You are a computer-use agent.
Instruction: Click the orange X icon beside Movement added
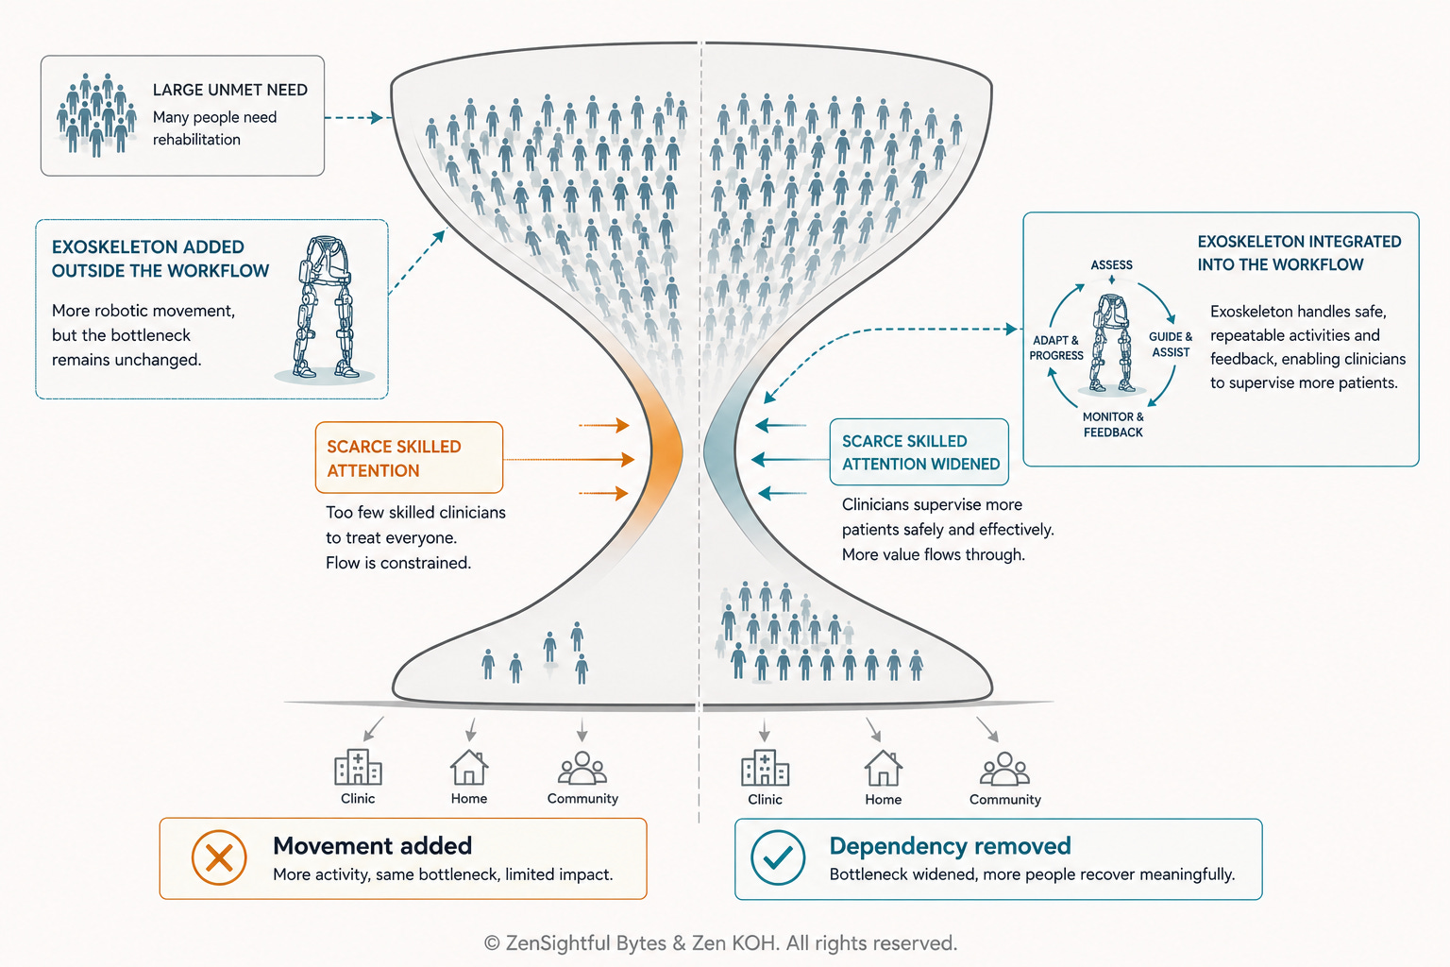pyautogui.click(x=219, y=857)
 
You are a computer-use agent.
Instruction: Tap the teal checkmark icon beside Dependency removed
pyautogui.click(x=778, y=857)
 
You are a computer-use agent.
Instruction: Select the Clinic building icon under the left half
pyautogui.click(x=358, y=767)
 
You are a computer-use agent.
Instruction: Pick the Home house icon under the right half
pyautogui.click(x=883, y=768)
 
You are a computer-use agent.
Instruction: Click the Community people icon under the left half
pyautogui.click(x=582, y=768)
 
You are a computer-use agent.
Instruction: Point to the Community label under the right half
pyautogui.click(x=1004, y=799)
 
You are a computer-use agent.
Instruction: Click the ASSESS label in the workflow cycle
pyautogui.click(x=1111, y=265)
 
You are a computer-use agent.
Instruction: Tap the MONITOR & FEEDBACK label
pyautogui.click(x=1113, y=424)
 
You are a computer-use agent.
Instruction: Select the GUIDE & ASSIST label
pyautogui.click(x=1171, y=345)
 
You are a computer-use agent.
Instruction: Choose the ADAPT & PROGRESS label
pyautogui.click(x=1056, y=348)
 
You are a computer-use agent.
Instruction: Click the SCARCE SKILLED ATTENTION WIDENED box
pyautogui.click(x=919, y=452)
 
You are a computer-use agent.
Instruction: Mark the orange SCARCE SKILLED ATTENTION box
pyautogui.click(x=409, y=458)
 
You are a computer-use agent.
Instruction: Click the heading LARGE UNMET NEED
pyautogui.click(x=229, y=90)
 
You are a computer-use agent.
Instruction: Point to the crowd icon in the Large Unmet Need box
pyautogui.click(x=96, y=114)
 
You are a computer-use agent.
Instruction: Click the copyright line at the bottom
pyautogui.click(x=720, y=943)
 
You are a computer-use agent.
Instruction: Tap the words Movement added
pyautogui.click(x=372, y=846)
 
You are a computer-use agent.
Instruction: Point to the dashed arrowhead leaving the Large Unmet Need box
pyautogui.click(x=376, y=117)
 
